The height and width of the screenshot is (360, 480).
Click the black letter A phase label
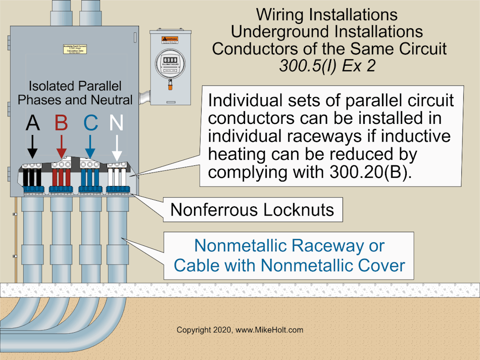pos(32,123)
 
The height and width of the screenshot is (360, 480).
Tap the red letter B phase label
pos(61,123)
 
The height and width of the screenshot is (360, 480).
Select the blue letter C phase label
pos(90,123)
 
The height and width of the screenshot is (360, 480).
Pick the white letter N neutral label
pos(117,123)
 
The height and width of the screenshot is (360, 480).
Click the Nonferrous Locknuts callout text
pos(252,209)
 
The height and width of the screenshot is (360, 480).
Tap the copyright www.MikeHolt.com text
pos(240,330)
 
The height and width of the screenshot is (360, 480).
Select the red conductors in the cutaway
pos(62,178)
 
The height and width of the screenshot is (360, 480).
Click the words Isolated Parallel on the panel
pos(75,86)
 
